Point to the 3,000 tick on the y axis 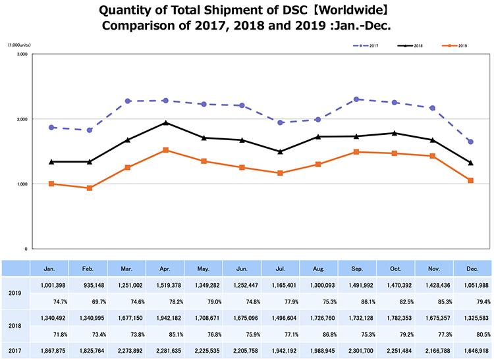point(21,55)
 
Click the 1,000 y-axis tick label point(21,184)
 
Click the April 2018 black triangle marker point(165,123)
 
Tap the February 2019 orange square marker point(89,188)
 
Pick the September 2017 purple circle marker point(356,99)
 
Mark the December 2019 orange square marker point(470,180)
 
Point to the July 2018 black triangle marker point(280,152)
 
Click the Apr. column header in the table point(165,269)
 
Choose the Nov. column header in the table point(434,269)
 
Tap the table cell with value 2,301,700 point(358,351)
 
